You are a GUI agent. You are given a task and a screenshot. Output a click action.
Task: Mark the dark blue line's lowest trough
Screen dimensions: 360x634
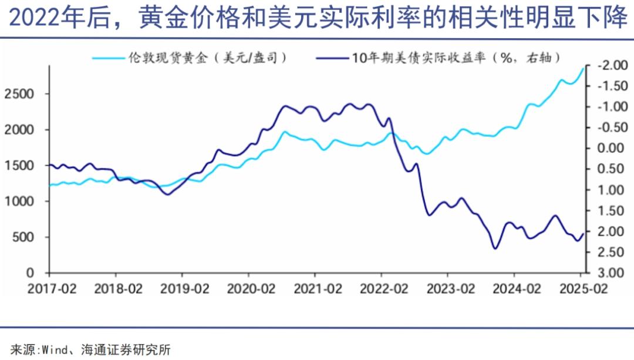495,248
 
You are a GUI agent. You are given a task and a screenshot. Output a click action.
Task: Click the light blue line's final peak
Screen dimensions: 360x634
583,68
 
